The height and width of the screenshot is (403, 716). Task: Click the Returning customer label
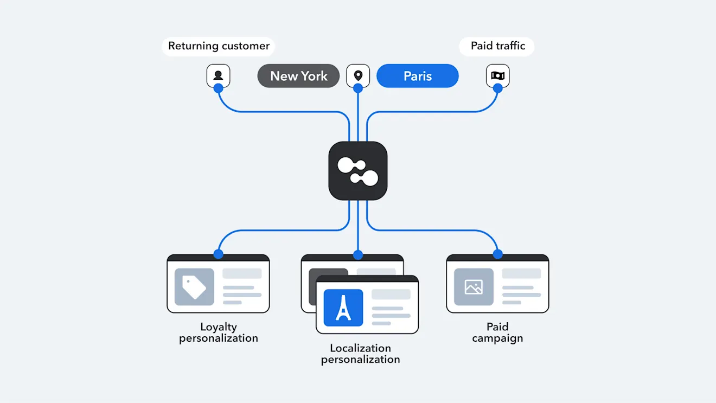pos(219,46)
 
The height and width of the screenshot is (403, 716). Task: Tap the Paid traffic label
pos(497,46)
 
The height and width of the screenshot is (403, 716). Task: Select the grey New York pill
pos(298,76)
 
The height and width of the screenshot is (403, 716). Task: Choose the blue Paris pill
pos(418,76)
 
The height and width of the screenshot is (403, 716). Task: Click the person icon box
pos(218,75)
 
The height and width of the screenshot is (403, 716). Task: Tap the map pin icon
pos(358,75)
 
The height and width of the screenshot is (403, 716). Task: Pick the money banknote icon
pos(498,75)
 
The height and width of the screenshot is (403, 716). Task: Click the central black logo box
pos(358,171)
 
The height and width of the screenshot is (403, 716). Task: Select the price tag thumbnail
pos(194,287)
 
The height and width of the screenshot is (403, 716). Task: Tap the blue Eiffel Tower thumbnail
pos(343,308)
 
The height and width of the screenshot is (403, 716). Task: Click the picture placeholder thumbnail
pos(474,287)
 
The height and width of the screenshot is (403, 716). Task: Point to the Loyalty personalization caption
pos(218,332)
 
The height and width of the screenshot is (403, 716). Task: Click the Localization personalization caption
pos(360,354)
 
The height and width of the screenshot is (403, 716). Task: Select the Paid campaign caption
pos(497,332)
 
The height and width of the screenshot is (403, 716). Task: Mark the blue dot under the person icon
pos(218,88)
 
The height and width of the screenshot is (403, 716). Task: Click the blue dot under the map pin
pos(358,88)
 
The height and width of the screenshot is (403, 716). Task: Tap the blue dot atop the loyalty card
pos(218,254)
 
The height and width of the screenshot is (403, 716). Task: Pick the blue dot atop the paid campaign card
pos(498,254)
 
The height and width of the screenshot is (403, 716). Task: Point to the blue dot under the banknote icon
pos(498,88)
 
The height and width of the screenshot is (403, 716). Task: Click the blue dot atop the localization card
pos(358,255)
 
